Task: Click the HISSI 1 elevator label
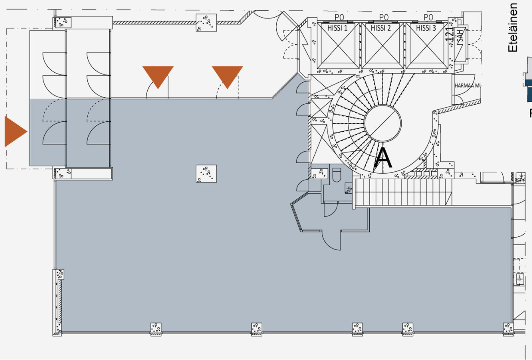point(338,28)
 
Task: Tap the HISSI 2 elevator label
point(381,28)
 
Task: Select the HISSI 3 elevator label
point(425,28)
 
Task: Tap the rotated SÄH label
point(461,34)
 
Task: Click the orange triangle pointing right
point(15,131)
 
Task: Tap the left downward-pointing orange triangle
point(158,76)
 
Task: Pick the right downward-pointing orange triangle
point(227,76)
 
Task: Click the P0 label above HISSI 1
point(340,17)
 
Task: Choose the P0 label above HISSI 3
point(428,17)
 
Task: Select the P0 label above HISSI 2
point(384,17)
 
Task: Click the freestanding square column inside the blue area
point(206,174)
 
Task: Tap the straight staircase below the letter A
point(404,192)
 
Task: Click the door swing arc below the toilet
point(331,210)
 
